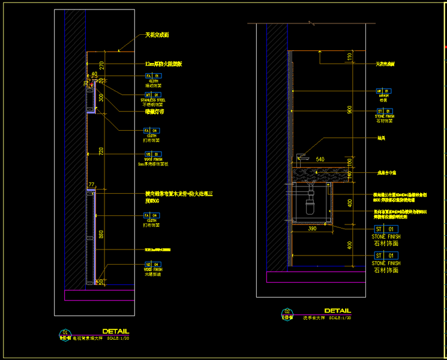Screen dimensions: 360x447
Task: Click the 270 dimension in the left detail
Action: coord(101,65)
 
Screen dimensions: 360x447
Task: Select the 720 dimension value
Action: coord(101,152)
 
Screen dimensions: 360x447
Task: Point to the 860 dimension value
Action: coord(101,235)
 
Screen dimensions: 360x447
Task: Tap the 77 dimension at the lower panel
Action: coord(92,185)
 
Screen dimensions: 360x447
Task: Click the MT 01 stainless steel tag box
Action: coord(152,94)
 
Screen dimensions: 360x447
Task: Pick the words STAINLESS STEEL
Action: coord(153,100)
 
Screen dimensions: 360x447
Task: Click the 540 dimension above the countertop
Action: coord(320,160)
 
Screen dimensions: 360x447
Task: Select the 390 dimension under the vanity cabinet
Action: coord(312,229)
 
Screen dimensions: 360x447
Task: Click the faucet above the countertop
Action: coord(303,157)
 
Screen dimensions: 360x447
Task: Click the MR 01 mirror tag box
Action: coord(383,91)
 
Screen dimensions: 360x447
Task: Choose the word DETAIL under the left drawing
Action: coord(115,331)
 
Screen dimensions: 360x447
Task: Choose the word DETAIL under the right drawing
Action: coord(337,310)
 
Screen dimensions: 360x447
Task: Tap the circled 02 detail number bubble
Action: coord(287,311)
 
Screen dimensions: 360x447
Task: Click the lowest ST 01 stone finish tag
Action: coord(385,256)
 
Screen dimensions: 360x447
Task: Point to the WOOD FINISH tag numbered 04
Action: coord(152,264)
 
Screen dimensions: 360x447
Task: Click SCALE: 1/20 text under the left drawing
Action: coord(117,338)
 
